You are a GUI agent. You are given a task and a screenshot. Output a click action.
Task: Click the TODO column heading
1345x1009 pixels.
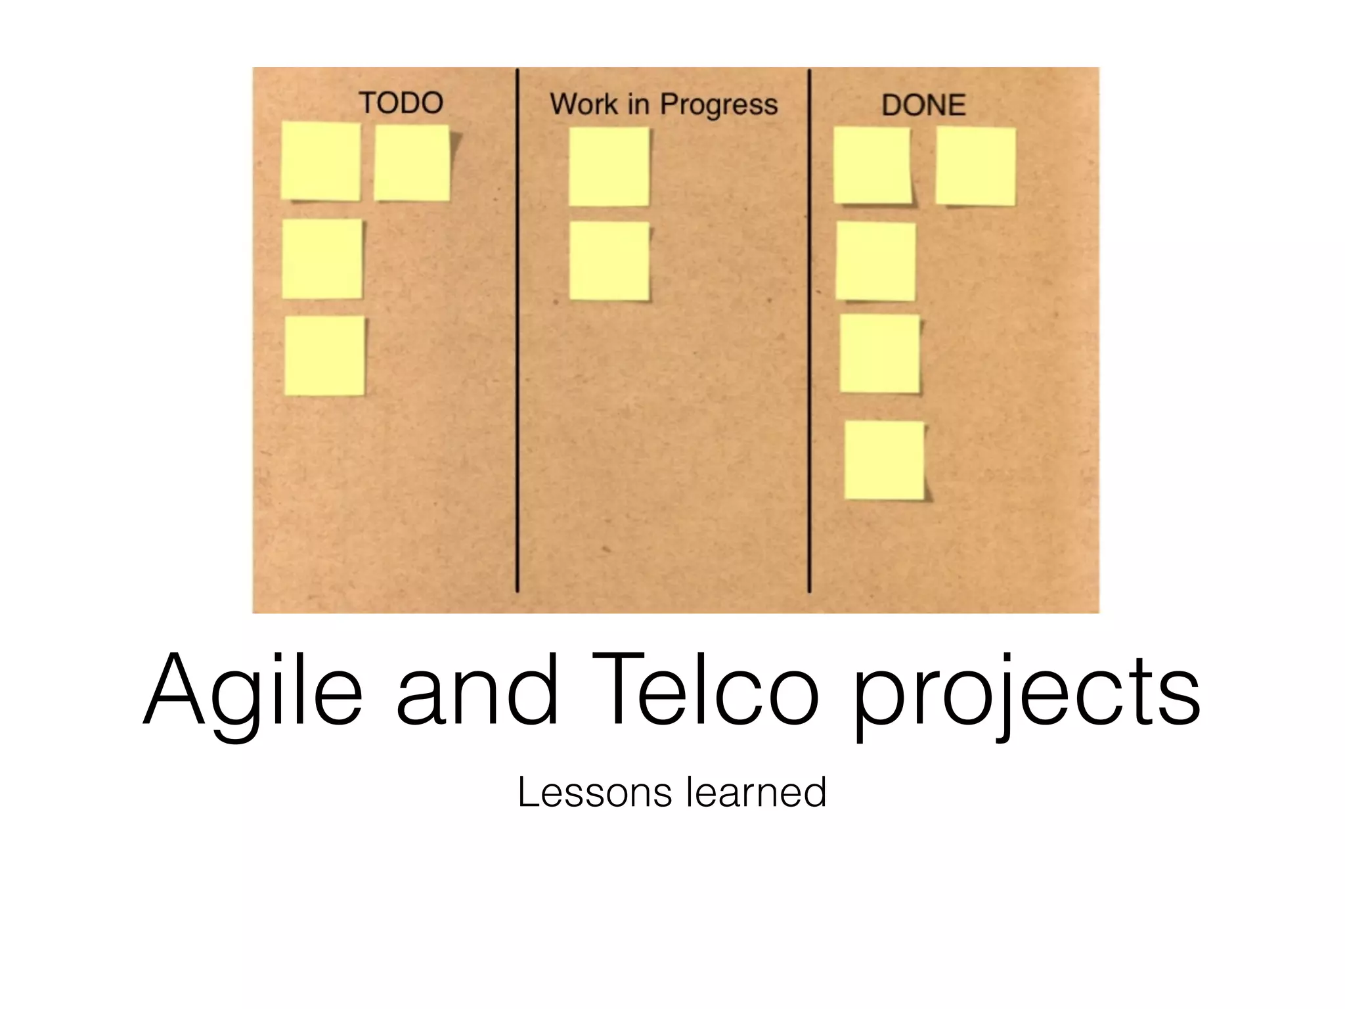coord(401,103)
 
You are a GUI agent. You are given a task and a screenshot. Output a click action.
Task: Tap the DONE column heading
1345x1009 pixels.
coord(923,105)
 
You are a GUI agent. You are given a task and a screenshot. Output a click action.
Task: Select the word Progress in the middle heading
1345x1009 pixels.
coord(718,105)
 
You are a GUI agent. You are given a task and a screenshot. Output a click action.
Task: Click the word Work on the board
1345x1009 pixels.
coord(584,104)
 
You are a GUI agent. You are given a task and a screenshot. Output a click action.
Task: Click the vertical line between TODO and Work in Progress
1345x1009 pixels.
coord(518,328)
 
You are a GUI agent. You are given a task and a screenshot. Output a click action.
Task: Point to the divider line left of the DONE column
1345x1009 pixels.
coord(809,328)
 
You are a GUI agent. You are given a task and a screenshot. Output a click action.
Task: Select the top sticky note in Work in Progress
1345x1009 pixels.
coord(609,166)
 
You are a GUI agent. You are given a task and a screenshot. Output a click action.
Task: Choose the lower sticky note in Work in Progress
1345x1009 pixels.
coord(609,261)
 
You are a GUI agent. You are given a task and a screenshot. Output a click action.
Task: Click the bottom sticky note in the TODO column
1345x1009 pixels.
coord(324,355)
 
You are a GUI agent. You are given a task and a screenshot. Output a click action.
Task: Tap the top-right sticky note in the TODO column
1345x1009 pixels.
coord(412,163)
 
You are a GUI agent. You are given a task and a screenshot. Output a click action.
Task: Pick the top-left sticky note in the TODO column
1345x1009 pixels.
coord(320,161)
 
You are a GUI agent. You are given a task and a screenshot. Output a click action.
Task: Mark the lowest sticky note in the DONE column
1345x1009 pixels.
coord(884,460)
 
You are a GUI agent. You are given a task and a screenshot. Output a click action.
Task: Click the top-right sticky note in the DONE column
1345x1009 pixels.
coord(975,166)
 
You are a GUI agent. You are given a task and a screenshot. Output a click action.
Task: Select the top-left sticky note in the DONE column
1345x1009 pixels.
coord(872,165)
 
